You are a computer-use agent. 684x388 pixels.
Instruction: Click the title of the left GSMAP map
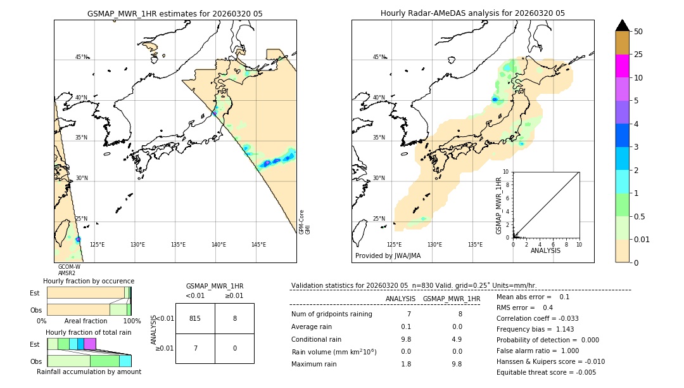tap(175, 13)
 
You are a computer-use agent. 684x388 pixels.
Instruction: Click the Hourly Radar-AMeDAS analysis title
tap(472, 13)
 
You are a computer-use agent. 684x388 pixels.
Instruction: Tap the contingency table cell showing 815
tap(195, 319)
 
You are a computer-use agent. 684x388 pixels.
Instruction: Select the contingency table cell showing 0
tap(234, 349)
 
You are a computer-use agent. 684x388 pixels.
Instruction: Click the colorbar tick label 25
tap(638, 55)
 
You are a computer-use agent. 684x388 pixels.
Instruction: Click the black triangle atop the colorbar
tap(622, 25)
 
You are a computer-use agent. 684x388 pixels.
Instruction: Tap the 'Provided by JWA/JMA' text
tap(388, 255)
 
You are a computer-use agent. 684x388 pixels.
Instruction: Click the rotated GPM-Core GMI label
tap(305, 222)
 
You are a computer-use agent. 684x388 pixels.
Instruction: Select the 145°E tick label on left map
tap(258, 245)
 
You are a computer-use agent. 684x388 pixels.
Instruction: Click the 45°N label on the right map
tap(378, 57)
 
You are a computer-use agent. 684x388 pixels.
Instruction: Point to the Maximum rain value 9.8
tap(456, 364)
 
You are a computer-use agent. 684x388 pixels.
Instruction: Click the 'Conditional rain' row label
tap(317, 339)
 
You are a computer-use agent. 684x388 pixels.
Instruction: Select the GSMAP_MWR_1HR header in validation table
tap(451, 299)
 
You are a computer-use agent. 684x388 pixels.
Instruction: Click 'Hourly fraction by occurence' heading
tap(89, 281)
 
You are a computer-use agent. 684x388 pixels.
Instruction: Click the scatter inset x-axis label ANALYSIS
tap(545, 250)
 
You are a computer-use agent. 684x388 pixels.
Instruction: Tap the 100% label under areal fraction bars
tap(132, 321)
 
